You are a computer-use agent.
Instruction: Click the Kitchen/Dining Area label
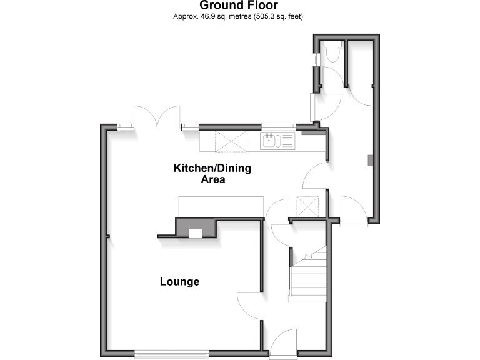tap(212, 174)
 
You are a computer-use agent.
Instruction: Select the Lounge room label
tap(180, 282)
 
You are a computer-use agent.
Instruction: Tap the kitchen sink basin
tap(269, 141)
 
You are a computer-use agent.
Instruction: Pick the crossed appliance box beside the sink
tap(231, 142)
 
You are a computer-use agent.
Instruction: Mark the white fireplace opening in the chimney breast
tap(196, 234)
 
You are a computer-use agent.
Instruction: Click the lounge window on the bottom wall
tap(171, 354)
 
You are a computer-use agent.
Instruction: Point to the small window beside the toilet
tap(316, 59)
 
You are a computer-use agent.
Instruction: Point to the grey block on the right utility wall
tap(371, 160)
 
